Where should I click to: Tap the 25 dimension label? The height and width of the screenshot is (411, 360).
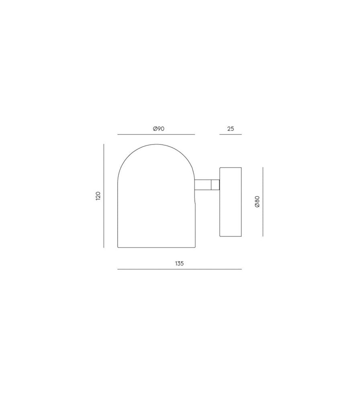coord(231,129)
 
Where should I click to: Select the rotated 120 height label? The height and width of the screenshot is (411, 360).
coord(98,196)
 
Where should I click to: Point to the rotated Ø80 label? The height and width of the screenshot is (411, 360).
coord(257,201)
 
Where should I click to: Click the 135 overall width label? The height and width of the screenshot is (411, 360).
coord(179,264)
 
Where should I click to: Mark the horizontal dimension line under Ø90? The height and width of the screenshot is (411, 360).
coord(156,134)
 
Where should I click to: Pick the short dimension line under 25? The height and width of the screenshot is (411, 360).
coord(231,134)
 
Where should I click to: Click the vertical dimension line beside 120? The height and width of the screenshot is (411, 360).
coord(104,196)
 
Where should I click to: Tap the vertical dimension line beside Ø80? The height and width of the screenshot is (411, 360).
coord(263,201)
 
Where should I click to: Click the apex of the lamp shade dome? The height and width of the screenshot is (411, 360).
coord(156,144)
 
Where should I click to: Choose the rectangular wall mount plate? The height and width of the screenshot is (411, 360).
coord(231,201)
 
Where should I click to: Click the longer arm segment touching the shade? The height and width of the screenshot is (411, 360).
coord(203,185)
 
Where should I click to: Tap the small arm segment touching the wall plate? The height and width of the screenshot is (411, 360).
coord(216,185)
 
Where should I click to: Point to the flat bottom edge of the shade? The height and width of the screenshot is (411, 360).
coord(156,247)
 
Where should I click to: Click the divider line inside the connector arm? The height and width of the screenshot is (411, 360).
coord(212,185)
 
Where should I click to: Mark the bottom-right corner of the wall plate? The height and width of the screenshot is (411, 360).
coord(241,236)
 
